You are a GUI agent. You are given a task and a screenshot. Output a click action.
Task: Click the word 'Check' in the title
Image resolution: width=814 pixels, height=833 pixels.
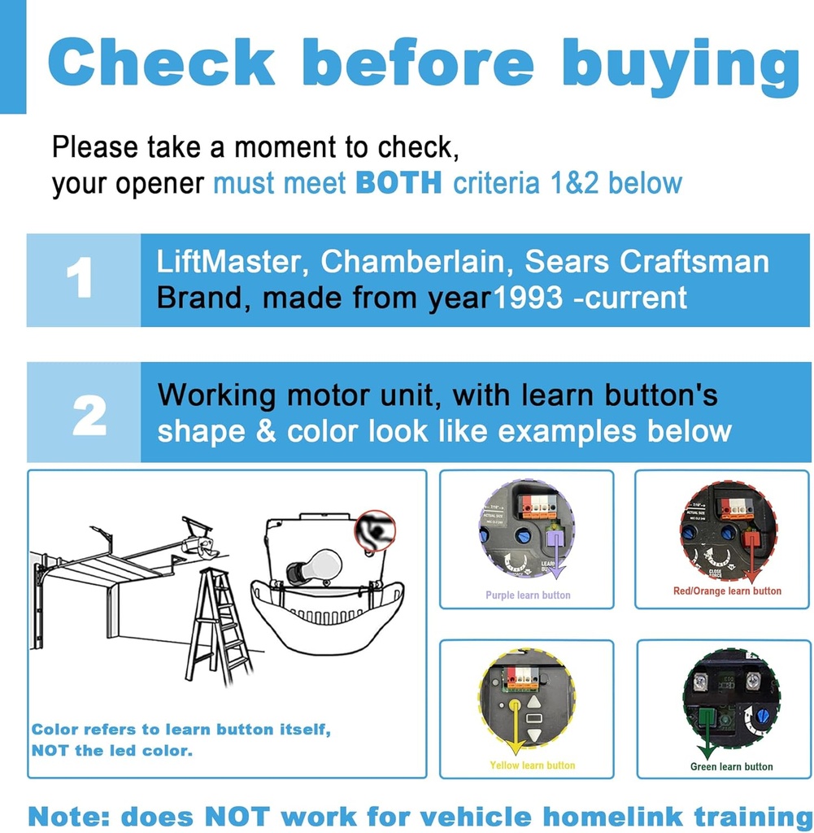click(162, 63)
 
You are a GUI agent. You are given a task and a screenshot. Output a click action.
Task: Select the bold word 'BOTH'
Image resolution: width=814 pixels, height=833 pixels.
click(398, 183)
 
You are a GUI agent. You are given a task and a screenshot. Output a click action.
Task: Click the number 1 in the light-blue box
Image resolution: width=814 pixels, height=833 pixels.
click(80, 280)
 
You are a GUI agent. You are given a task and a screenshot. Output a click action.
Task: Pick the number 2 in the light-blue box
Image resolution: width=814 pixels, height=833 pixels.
click(89, 415)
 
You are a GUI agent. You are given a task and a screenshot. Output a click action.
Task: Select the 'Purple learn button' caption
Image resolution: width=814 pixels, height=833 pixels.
click(528, 595)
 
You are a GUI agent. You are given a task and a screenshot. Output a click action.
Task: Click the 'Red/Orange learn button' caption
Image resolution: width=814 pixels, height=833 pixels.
click(727, 591)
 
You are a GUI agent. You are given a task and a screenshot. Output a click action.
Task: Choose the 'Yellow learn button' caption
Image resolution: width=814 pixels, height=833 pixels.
click(532, 765)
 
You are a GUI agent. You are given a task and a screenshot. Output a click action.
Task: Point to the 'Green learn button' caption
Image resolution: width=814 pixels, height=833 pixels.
click(731, 766)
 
